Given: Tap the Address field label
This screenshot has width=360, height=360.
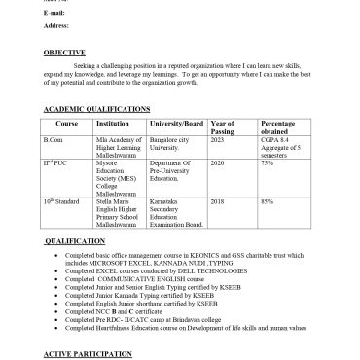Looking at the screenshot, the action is click(x=57, y=28).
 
